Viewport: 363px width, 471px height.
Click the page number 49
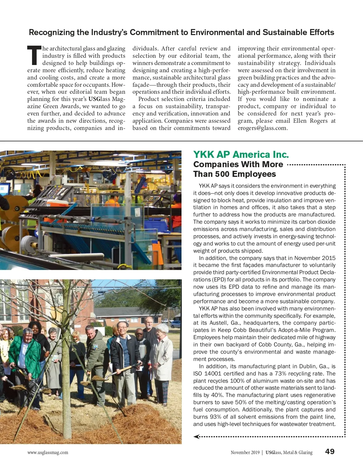[330, 452]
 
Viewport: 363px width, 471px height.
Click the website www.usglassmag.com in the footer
[47, 453]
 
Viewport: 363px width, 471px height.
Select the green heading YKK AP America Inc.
[241, 154]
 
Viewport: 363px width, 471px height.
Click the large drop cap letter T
[34, 56]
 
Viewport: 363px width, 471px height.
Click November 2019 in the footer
[245, 453]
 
